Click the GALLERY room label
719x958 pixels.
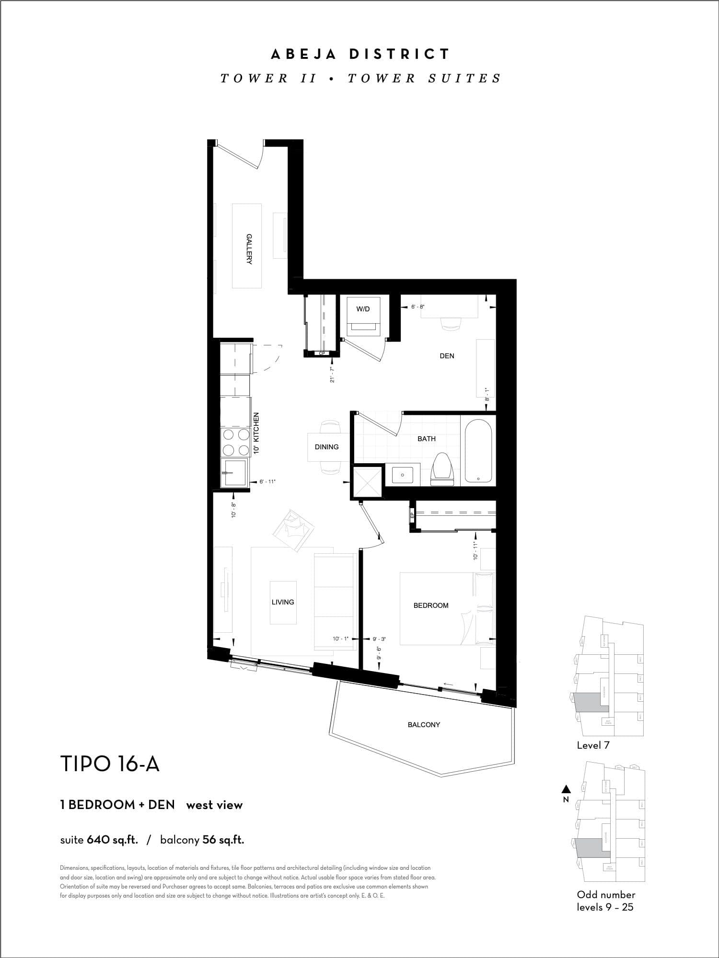point(249,249)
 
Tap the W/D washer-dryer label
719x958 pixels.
point(363,309)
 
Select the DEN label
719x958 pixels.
point(447,356)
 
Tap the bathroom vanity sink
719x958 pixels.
point(403,475)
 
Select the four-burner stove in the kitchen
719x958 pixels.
point(236,442)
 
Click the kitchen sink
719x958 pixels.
point(234,473)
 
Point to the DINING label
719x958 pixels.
point(326,447)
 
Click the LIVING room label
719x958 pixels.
point(283,602)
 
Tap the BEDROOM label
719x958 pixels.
point(431,605)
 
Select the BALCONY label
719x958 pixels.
point(424,725)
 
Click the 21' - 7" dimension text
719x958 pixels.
point(332,375)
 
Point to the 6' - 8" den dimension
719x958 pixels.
point(417,307)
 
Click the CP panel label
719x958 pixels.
point(322,354)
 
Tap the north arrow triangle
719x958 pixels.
point(566,788)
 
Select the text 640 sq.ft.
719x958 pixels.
point(112,840)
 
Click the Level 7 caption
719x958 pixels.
point(593,745)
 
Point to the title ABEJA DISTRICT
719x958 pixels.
point(360,54)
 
